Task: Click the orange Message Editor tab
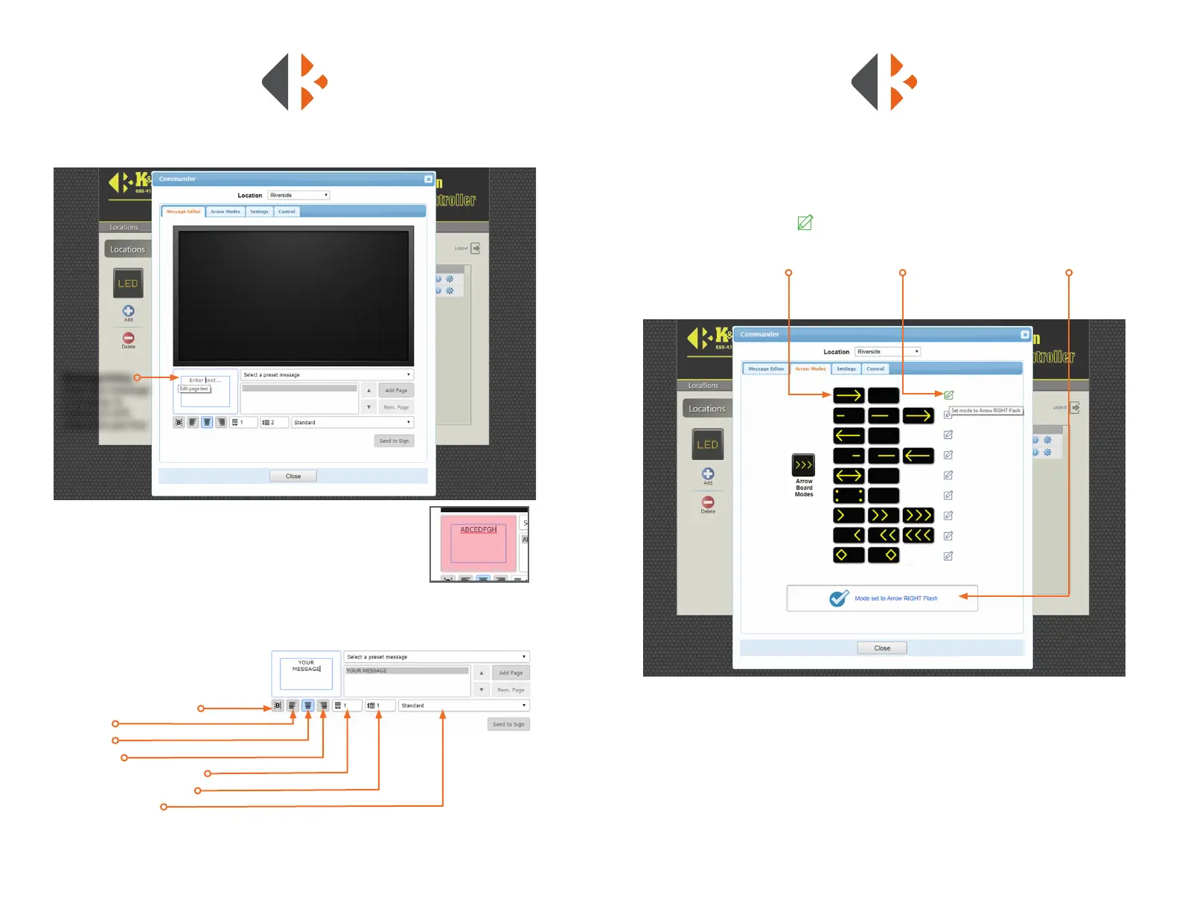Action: (x=183, y=212)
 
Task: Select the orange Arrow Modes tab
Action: (x=810, y=369)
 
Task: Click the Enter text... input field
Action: (x=205, y=380)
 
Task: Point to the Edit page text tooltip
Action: (x=194, y=389)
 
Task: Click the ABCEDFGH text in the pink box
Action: (x=478, y=530)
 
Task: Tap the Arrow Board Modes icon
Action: (x=803, y=466)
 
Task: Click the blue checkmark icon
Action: (x=839, y=598)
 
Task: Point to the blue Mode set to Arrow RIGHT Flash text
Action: (x=895, y=598)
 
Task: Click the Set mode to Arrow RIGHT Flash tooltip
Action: (x=985, y=411)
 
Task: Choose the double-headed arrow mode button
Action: (x=849, y=476)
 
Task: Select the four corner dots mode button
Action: (x=849, y=496)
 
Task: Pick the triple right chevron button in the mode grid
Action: (x=918, y=516)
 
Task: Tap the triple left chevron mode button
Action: (x=918, y=536)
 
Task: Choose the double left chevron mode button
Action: (x=884, y=536)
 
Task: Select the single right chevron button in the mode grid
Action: (x=849, y=516)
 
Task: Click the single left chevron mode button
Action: (x=849, y=536)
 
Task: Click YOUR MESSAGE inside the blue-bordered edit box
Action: (x=306, y=666)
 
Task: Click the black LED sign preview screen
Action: (x=293, y=295)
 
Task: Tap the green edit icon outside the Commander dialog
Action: (x=805, y=223)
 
